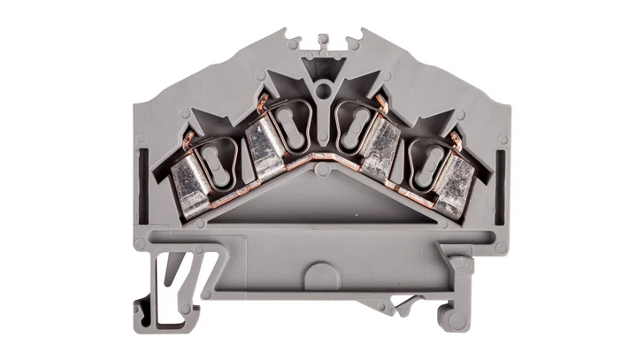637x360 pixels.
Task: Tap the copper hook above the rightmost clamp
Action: (x=456, y=140)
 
